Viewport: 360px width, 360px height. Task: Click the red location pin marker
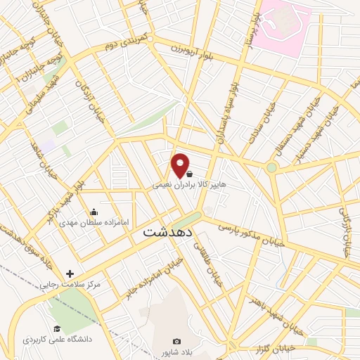[x=181, y=165]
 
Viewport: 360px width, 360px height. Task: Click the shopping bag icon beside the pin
[x=190, y=172]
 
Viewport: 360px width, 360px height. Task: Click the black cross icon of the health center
[x=70, y=274]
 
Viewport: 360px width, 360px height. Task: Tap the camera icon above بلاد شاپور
[x=176, y=341]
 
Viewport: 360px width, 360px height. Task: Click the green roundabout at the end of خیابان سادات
[x=271, y=167]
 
